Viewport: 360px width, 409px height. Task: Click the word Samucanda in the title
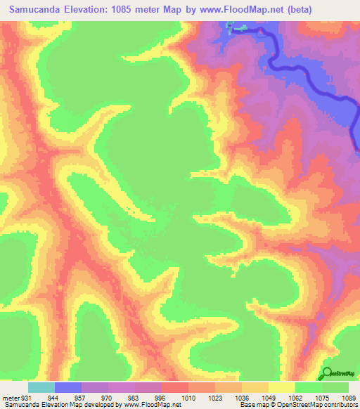(x=34, y=9)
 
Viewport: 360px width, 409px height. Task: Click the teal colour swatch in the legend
(x=41, y=387)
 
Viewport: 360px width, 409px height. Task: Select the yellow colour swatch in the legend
(x=282, y=387)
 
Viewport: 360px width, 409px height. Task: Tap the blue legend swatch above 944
(x=68, y=387)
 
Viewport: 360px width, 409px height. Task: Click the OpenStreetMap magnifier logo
(x=328, y=373)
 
